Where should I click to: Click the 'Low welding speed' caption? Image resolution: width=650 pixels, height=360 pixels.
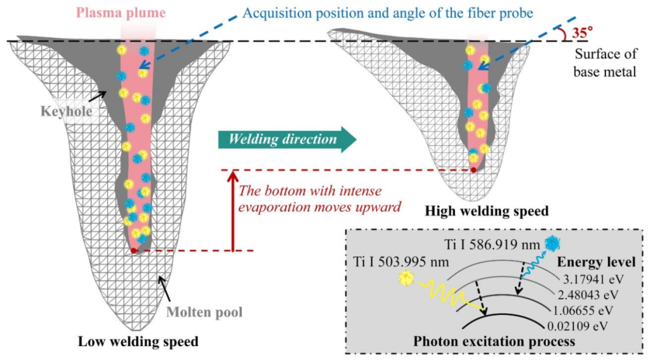(138, 343)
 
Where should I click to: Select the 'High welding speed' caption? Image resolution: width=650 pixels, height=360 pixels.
(487, 211)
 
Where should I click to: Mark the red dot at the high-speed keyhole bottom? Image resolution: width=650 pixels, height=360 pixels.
(474, 170)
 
